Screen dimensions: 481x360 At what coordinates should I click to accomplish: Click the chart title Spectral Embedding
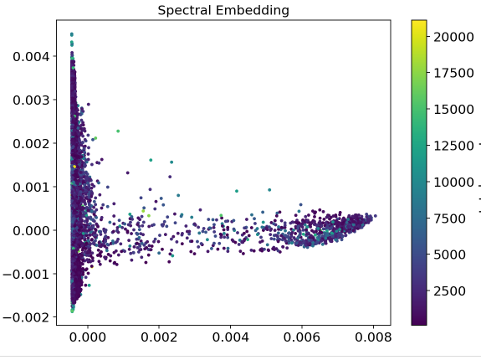click(223, 10)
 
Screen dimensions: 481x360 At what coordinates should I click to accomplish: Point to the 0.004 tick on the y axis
click(31, 56)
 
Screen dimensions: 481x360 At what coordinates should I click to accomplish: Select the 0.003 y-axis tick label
click(31, 100)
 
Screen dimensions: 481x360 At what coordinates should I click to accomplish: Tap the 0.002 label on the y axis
click(31, 144)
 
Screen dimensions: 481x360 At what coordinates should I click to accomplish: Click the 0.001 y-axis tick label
click(31, 187)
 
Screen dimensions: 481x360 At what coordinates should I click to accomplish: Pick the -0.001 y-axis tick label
click(26, 274)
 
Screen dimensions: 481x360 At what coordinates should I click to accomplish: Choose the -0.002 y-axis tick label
click(26, 317)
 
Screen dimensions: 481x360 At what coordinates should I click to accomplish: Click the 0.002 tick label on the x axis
click(159, 337)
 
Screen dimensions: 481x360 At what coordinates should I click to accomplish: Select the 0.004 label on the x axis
click(230, 337)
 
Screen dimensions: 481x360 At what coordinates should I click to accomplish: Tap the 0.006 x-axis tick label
click(301, 337)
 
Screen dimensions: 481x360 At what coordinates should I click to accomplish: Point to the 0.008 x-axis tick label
click(373, 337)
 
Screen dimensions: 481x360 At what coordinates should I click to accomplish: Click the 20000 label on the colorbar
click(453, 37)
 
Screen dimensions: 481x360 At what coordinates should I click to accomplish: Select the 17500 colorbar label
click(453, 73)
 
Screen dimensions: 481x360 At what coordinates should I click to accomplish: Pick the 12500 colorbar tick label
click(453, 146)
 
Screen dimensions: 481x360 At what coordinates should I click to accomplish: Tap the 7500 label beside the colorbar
click(449, 219)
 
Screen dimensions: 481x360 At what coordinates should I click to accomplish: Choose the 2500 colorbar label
click(449, 291)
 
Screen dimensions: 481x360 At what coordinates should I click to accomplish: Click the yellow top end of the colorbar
click(419, 22)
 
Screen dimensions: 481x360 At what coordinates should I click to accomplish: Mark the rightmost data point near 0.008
click(376, 216)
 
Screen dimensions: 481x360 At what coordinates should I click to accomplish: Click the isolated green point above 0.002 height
click(118, 131)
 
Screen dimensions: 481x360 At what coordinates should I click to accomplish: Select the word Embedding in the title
click(253, 10)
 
